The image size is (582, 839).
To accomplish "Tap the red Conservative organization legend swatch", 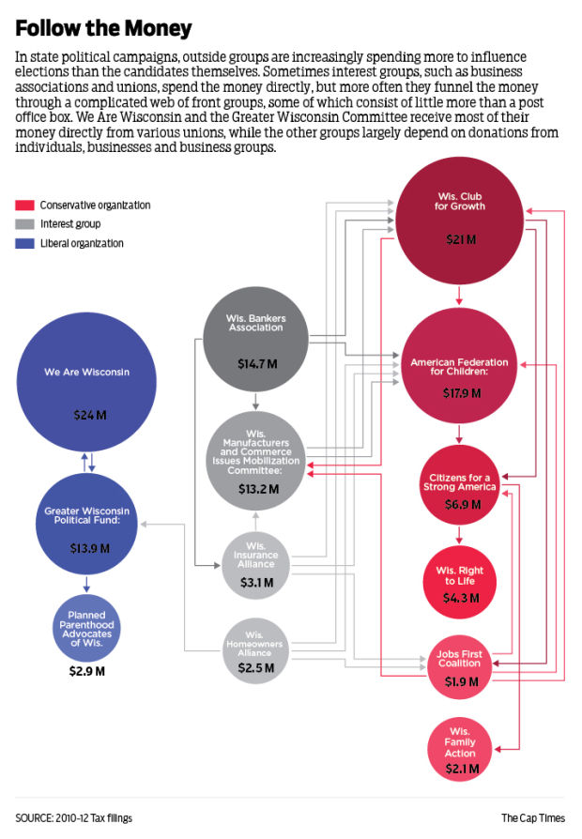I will click(x=25, y=205).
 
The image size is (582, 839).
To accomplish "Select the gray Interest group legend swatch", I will click(x=25, y=223).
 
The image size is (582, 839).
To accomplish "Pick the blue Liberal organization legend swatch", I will click(x=25, y=243).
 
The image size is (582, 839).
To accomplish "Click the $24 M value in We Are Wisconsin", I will click(x=86, y=414).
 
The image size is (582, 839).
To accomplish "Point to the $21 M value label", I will click(x=459, y=239).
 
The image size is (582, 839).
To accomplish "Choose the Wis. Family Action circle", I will click(x=460, y=748).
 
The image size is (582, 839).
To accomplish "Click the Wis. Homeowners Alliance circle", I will click(x=254, y=650).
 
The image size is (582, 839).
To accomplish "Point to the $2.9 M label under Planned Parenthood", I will click(x=86, y=671).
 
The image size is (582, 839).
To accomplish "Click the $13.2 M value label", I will click(x=255, y=487).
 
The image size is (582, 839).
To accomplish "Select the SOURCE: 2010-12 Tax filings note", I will click(x=74, y=817).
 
